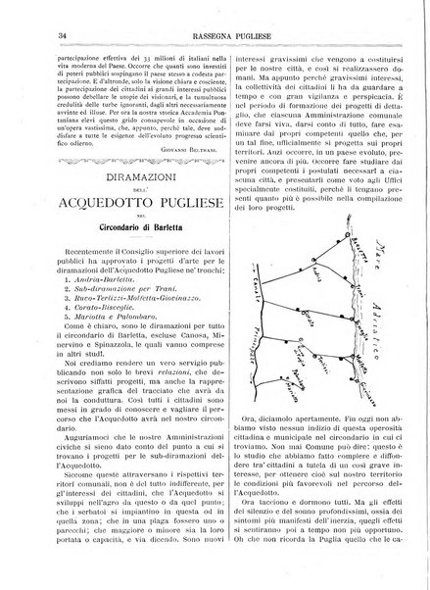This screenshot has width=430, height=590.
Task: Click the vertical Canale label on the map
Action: (x=254, y=294)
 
